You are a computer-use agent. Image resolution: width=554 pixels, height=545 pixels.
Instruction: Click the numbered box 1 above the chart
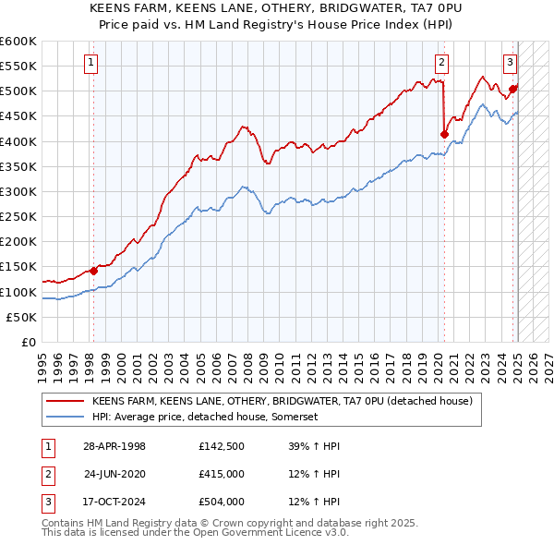[x=93, y=63]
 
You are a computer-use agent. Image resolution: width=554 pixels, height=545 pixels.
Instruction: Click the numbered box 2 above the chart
[x=442, y=63]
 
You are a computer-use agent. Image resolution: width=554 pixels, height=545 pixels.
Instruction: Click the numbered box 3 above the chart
[x=510, y=63]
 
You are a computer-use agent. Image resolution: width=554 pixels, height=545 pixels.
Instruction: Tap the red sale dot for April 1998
[x=93, y=271]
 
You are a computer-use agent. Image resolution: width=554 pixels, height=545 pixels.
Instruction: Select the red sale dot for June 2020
[x=444, y=134]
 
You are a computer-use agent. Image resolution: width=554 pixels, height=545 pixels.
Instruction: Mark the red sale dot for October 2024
[x=513, y=90]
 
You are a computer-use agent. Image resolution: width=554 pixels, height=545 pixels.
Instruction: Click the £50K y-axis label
[x=22, y=317]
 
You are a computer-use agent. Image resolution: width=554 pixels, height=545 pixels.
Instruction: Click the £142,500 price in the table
[x=220, y=446]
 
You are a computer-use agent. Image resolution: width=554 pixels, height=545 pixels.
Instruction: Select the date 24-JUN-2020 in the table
[x=114, y=474]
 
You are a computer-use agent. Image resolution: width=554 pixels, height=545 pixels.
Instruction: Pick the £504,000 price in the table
[x=220, y=502]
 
